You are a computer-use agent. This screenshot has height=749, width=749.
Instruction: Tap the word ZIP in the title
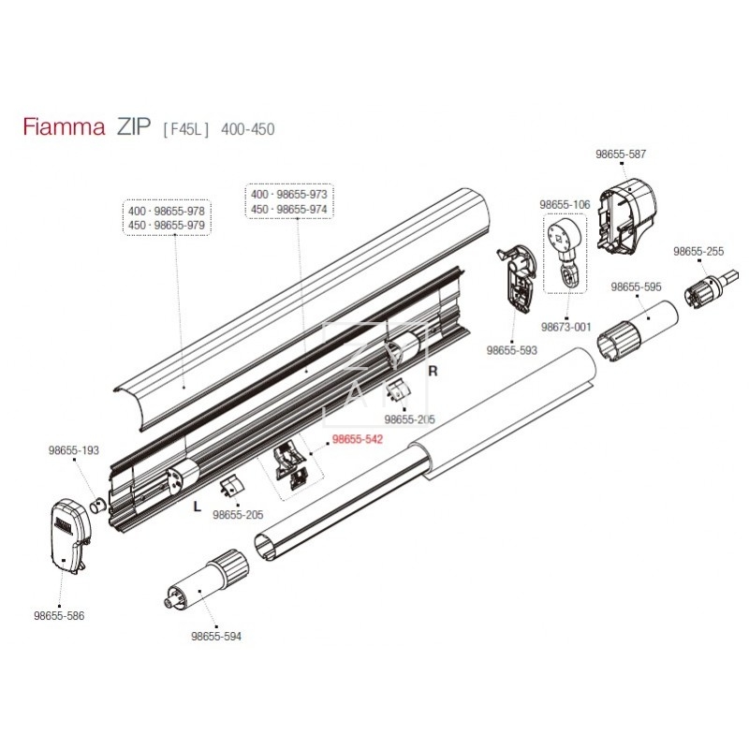click(133, 128)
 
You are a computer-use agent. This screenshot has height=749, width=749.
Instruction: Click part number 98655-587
click(621, 154)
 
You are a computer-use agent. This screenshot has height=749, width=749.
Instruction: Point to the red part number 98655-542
click(359, 439)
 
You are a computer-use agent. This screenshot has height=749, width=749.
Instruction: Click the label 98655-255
click(698, 252)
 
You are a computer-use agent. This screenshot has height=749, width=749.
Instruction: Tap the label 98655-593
click(511, 350)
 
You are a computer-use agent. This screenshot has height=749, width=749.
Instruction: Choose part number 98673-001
click(566, 327)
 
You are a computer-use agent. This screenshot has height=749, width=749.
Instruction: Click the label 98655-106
click(564, 204)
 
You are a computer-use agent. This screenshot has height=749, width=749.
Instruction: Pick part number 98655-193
click(74, 450)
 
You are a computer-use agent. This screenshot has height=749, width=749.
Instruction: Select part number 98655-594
click(216, 637)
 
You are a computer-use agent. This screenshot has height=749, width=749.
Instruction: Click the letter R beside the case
click(433, 371)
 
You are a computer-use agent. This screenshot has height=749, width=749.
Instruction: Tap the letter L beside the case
click(196, 506)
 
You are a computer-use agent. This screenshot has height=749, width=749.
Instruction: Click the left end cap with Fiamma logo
click(69, 533)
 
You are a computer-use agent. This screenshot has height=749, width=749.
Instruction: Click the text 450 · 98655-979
click(166, 227)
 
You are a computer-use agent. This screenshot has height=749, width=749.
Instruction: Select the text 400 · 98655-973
click(288, 195)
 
